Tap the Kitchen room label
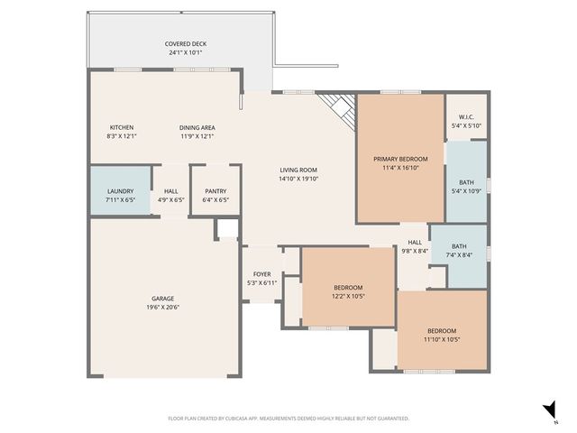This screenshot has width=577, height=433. pyautogui.click(x=122, y=127)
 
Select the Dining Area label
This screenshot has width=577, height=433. pyautogui.click(x=197, y=127)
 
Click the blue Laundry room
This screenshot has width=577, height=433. pyautogui.click(x=120, y=190)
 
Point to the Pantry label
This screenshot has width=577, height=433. pyautogui.click(x=215, y=190)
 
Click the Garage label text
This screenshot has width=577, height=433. pyautogui.click(x=162, y=299)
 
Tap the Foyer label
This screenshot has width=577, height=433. pyautogui.click(x=261, y=273)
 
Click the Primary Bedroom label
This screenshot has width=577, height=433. pyautogui.click(x=400, y=159)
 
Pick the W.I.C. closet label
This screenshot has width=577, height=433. pyautogui.click(x=466, y=116)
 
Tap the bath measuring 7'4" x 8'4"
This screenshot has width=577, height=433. pyautogui.click(x=459, y=250)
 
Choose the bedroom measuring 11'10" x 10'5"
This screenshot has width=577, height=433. pyautogui.click(x=442, y=335)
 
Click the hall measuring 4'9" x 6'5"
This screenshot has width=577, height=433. pyautogui.click(x=170, y=195)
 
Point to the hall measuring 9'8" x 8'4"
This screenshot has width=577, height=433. pyautogui.click(x=415, y=246)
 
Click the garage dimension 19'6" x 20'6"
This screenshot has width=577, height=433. pyautogui.click(x=162, y=308)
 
